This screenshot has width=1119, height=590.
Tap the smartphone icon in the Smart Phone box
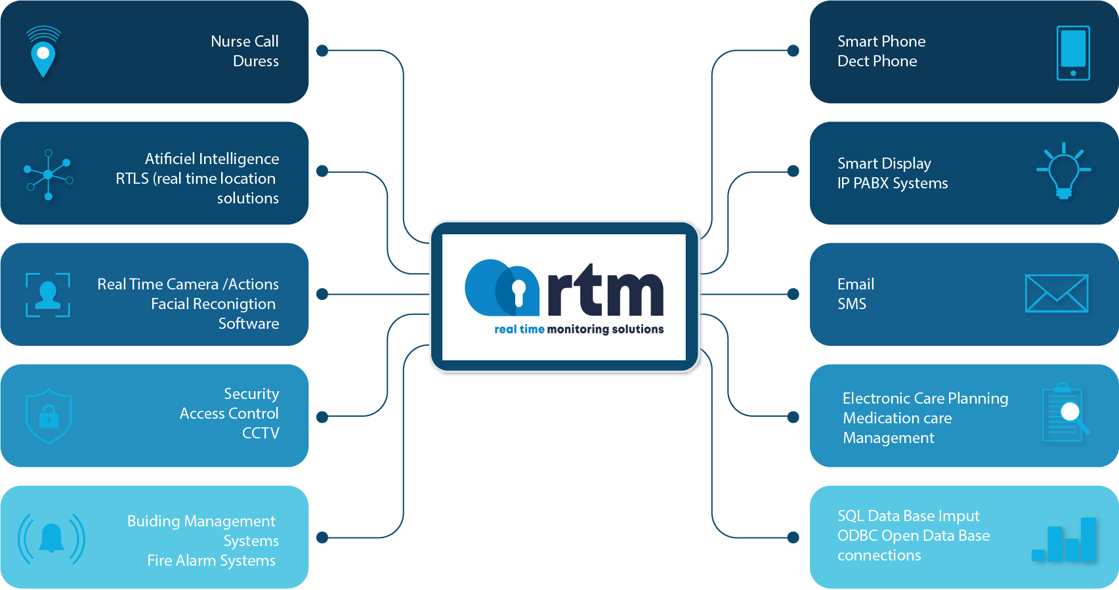point(1073,53)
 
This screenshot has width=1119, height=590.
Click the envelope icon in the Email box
point(1056,293)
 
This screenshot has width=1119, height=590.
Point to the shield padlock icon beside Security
point(49,416)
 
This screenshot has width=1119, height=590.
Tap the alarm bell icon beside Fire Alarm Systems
point(52,539)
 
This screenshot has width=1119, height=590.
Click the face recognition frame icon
point(48,295)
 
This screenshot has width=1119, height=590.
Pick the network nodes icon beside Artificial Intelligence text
point(48,175)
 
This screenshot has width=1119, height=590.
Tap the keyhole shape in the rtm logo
point(518,293)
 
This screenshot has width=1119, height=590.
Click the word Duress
point(256,61)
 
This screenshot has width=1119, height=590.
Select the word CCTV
point(261,433)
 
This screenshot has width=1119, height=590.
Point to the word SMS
point(852,304)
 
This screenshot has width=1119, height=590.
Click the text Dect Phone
point(877,61)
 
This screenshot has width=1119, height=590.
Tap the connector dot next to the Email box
point(793,294)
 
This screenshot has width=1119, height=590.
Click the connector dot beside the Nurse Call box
point(322,51)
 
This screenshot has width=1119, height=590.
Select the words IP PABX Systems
point(892,183)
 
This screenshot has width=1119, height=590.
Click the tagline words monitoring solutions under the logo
point(605,329)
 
